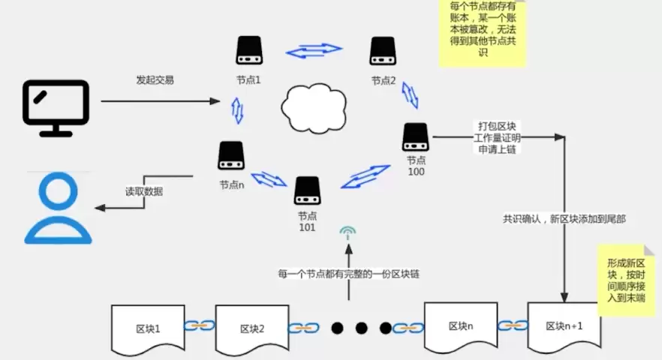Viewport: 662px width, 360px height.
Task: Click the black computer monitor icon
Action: coord(56,107)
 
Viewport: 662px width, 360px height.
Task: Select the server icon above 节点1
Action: coord(248,51)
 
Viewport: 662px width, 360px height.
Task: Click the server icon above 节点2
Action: coord(383,51)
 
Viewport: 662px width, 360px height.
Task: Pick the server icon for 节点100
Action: coord(415,136)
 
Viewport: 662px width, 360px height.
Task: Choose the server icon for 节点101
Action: coord(308,190)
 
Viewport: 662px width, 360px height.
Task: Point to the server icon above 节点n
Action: coord(231,155)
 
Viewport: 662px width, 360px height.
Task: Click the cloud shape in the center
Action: coord(314,106)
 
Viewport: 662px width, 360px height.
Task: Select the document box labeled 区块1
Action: coord(147,328)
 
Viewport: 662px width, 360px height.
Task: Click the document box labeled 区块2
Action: coord(252,328)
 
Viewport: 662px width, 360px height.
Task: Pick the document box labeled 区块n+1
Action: coord(564,325)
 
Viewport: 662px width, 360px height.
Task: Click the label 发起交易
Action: coord(155,80)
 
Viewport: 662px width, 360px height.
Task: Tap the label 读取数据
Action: coord(143,190)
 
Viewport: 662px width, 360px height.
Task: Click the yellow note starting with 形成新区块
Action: coord(624,278)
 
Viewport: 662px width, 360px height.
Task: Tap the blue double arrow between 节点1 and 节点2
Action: coord(314,52)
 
